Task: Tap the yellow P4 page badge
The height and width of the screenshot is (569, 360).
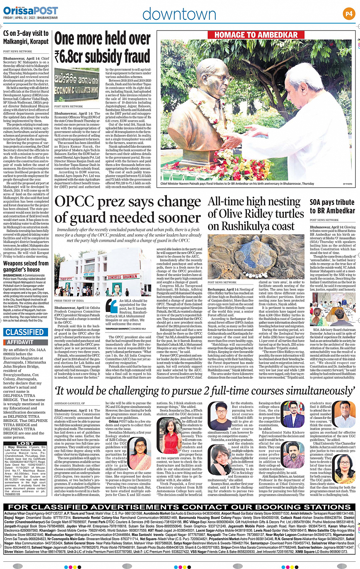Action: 349,14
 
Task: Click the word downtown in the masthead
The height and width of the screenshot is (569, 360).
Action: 179,14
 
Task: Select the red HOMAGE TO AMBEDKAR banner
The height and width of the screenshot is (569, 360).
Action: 256,35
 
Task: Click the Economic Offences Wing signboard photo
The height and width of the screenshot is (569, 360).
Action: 77,85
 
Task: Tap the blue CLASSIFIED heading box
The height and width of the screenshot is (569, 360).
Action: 24,332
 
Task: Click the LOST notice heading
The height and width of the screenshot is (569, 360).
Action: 25,443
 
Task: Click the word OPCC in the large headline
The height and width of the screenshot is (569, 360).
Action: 74,201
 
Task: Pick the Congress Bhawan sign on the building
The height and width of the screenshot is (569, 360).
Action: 122,277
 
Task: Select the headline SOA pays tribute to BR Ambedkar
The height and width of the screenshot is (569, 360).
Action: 332,206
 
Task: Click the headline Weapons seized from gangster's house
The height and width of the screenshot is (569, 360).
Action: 26,266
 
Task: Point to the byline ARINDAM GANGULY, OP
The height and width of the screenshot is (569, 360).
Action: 70,403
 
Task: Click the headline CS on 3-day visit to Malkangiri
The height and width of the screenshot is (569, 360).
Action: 26,38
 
